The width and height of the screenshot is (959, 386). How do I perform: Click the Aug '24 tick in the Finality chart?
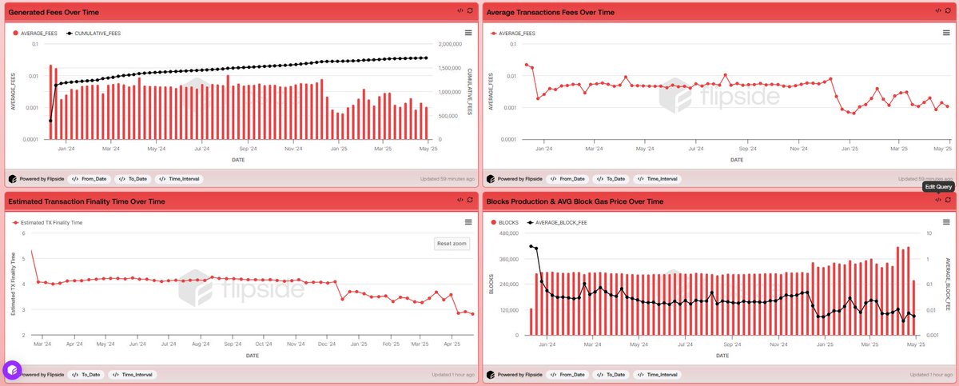pyautogui.click(x=196, y=344)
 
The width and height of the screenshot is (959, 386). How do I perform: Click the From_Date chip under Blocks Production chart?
pyautogui.click(x=567, y=374)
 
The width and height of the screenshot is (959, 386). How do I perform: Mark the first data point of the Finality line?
pyautogui.click(x=32, y=252)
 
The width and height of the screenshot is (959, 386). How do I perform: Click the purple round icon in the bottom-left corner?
pyautogui.click(x=11, y=370)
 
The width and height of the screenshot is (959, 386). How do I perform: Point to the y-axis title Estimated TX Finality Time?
pyautogui.click(x=13, y=284)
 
